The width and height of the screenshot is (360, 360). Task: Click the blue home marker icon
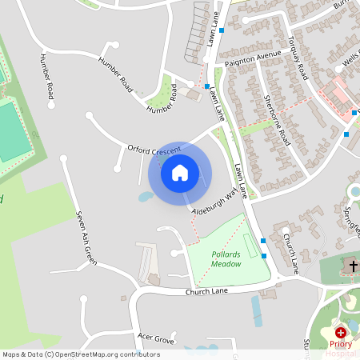click(180, 173)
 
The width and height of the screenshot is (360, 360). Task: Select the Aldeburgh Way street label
click(217, 202)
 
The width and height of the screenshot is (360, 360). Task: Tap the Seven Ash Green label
click(86, 238)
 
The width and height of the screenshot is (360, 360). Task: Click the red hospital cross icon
click(341, 331)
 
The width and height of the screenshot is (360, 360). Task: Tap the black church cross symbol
click(353, 265)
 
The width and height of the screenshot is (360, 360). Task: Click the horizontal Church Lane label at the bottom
click(207, 292)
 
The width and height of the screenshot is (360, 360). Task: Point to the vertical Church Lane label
click(293, 254)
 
